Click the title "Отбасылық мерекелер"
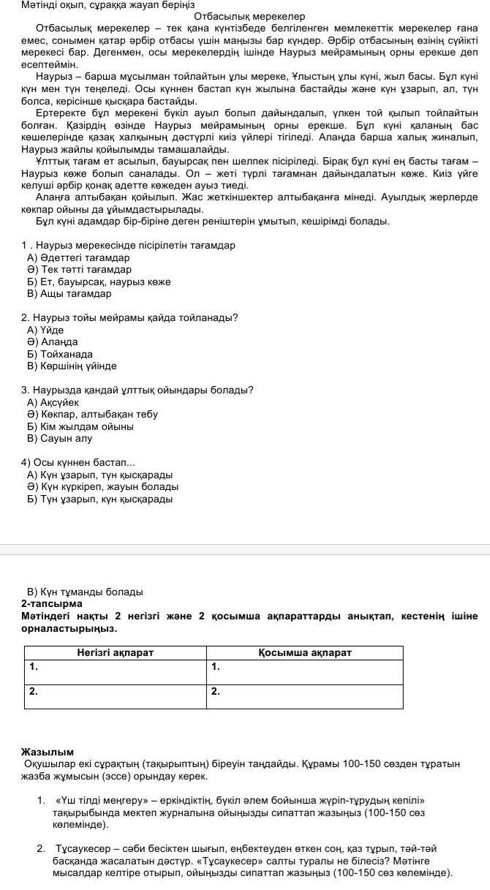[x=239, y=16]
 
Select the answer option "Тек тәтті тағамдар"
[x=79, y=270]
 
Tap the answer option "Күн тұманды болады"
[x=85, y=592]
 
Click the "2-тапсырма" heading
[x=52, y=604]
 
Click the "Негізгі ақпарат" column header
[x=116, y=652]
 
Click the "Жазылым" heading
[x=48, y=751]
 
